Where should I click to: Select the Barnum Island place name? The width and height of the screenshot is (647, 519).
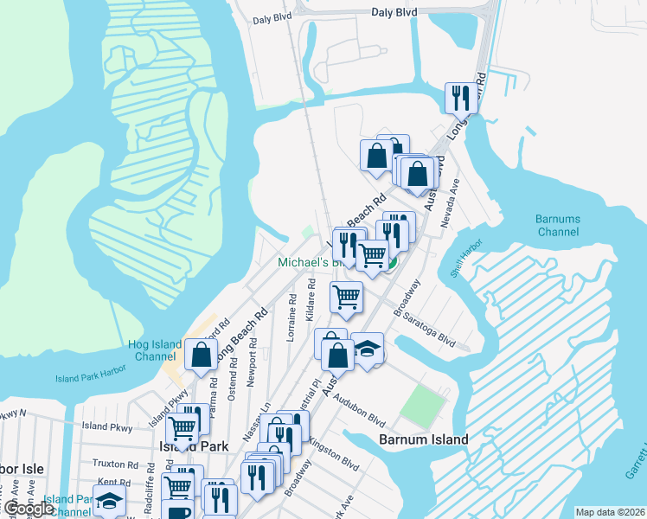424,439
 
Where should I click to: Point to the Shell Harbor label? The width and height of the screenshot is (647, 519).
464,271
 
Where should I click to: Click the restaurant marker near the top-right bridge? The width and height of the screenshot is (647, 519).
460,97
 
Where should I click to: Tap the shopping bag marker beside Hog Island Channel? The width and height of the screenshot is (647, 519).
200,355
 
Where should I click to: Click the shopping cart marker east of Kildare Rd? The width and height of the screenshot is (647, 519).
346,296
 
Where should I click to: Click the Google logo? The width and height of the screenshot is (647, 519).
29,509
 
